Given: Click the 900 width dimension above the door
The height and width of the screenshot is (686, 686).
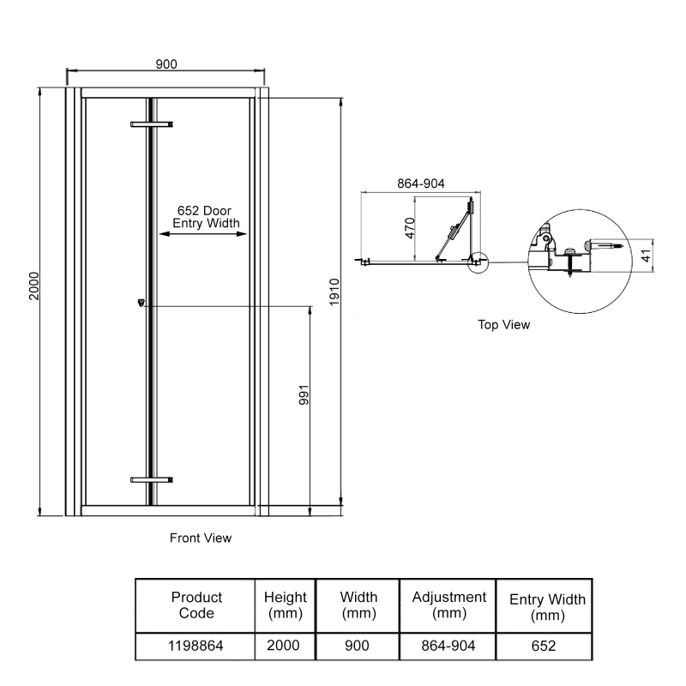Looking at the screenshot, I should [x=166, y=64].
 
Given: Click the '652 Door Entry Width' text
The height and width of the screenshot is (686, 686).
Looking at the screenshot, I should [x=204, y=217].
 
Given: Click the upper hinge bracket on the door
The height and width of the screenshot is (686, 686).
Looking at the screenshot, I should [x=152, y=125].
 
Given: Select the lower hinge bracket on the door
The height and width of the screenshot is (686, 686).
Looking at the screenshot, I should [x=152, y=480].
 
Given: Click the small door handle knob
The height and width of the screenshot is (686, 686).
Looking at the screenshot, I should [x=141, y=302].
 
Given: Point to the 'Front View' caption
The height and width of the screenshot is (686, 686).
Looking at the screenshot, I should [x=201, y=539].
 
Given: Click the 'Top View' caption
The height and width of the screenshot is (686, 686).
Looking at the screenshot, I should [x=504, y=325].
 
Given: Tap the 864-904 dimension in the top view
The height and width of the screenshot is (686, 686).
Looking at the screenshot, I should [x=420, y=184].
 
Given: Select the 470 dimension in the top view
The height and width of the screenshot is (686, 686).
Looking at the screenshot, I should [x=410, y=228].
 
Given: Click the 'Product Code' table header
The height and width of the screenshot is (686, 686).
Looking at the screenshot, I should [x=196, y=605].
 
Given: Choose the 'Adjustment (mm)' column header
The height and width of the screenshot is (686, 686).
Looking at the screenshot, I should [x=449, y=605].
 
